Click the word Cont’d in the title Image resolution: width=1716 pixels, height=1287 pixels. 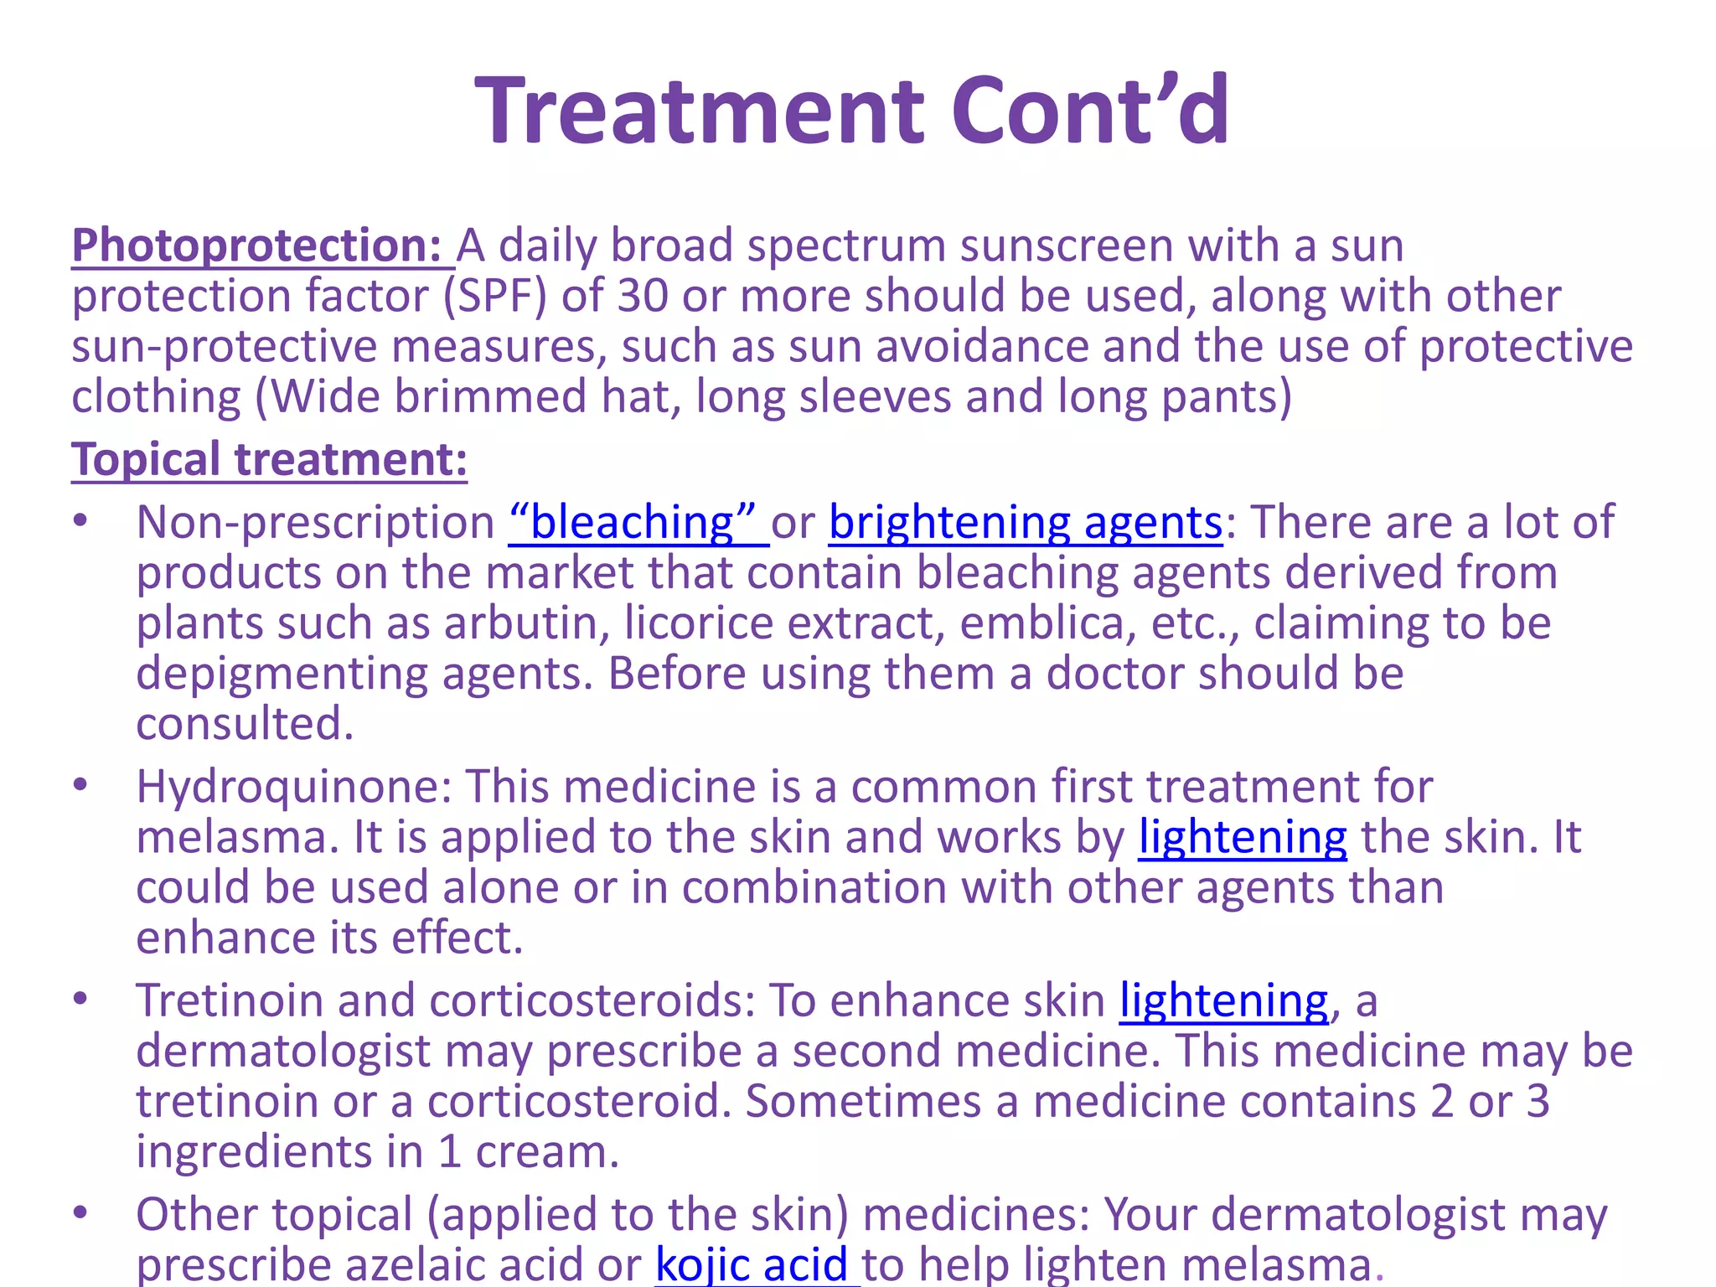click(1090, 111)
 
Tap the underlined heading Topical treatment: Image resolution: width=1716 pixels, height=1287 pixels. click(269, 459)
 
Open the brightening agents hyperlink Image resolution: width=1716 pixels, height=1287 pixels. click(1025, 522)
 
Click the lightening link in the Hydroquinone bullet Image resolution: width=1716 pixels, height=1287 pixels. click(1242, 836)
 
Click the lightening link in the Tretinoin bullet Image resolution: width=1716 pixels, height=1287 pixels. click(1223, 1000)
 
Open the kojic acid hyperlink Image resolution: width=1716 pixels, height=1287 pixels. click(752, 1264)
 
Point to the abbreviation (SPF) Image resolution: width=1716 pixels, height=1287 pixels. click(494, 296)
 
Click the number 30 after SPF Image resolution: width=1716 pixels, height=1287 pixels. click(643, 296)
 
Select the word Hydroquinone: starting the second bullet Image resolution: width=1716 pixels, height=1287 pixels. click(294, 786)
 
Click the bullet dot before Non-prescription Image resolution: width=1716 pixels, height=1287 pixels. click(80, 520)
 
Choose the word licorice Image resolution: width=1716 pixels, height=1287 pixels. click(699, 623)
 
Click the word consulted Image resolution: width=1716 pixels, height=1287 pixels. click(244, 723)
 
